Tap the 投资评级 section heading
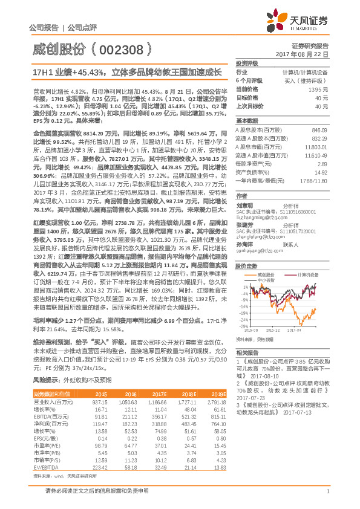(x=247, y=62)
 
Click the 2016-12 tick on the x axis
(x=271, y=330)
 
